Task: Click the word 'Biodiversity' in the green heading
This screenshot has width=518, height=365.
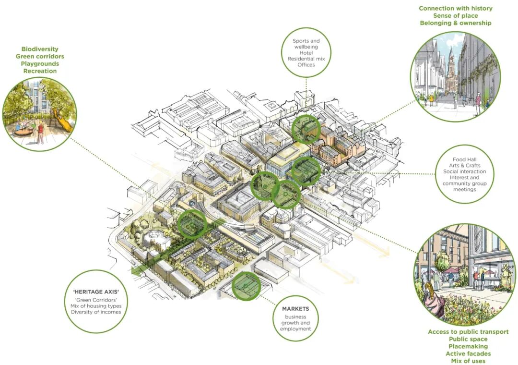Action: pyautogui.click(x=40, y=49)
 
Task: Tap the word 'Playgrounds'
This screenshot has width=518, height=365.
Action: pyautogui.click(x=40, y=63)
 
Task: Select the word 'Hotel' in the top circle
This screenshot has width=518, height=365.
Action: pyautogui.click(x=306, y=53)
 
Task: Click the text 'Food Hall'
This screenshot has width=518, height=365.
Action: pyautogui.click(x=464, y=159)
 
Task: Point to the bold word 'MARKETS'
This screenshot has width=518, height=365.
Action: pyautogui.click(x=295, y=308)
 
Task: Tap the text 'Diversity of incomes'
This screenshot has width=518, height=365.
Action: pyautogui.click(x=96, y=312)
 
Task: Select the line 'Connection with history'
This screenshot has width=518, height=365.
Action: pyautogui.click(x=455, y=8)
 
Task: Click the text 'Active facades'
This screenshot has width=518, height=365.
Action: pyautogui.click(x=468, y=353)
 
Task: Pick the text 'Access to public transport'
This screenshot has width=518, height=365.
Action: pyautogui.click(x=468, y=332)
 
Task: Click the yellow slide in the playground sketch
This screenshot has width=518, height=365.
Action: pyautogui.click(x=67, y=120)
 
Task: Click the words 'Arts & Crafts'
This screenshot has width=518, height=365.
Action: pyautogui.click(x=464, y=166)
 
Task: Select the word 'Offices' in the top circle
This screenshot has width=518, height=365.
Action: pyautogui.click(x=306, y=64)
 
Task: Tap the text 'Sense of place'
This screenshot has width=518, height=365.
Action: pyautogui.click(x=455, y=15)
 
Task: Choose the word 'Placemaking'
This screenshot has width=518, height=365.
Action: pyautogui.click(x=468, y=346)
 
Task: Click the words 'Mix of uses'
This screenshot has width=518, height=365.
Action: pyautogui.click(x=468, y=361)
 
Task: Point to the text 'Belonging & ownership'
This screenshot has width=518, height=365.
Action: pyautogui.click(x=455, y=23)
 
